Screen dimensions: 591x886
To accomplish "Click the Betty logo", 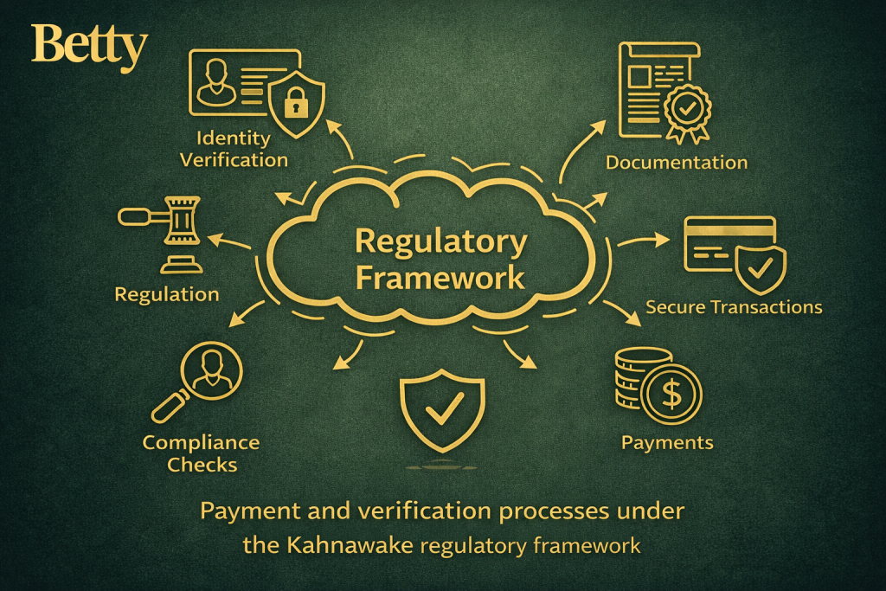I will coord(89,47).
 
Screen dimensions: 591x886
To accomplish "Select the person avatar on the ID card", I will coord(215,87).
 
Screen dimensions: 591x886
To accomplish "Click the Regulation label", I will coord(167,294).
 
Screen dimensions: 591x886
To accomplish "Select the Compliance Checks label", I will coord(201,453).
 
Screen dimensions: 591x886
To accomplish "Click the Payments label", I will coord(667,443).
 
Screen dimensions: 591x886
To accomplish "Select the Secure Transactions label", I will coord(734,307).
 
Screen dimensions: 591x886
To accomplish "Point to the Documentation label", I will coord(677,163).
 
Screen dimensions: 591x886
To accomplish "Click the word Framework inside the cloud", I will coord(441,279).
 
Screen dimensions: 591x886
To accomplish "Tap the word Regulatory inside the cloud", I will coord(441,243).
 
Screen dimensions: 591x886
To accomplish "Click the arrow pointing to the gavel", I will coord(227,242).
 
